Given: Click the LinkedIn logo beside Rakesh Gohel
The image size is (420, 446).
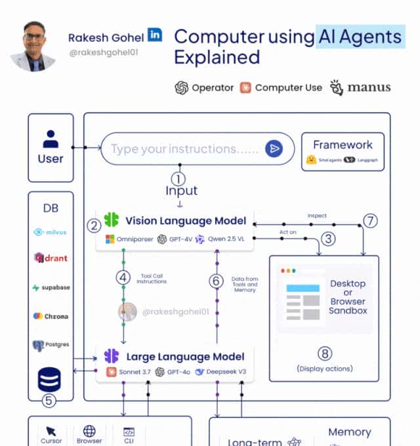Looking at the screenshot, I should point(155,35).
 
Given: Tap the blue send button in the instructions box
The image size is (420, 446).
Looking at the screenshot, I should point(274,149).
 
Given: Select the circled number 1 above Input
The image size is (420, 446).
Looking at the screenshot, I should point(178,178).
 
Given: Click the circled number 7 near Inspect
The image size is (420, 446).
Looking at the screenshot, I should point(371,220).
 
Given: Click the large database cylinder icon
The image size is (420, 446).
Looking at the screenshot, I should point(50,378).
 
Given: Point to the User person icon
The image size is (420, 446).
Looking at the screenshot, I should point(51,138).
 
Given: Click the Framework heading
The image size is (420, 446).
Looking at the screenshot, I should point(343,144).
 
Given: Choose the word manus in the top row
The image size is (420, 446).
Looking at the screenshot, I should point(368,87).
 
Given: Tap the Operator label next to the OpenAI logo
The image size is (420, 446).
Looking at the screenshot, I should point(213,88).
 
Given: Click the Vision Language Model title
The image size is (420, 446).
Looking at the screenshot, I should point(186,220).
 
